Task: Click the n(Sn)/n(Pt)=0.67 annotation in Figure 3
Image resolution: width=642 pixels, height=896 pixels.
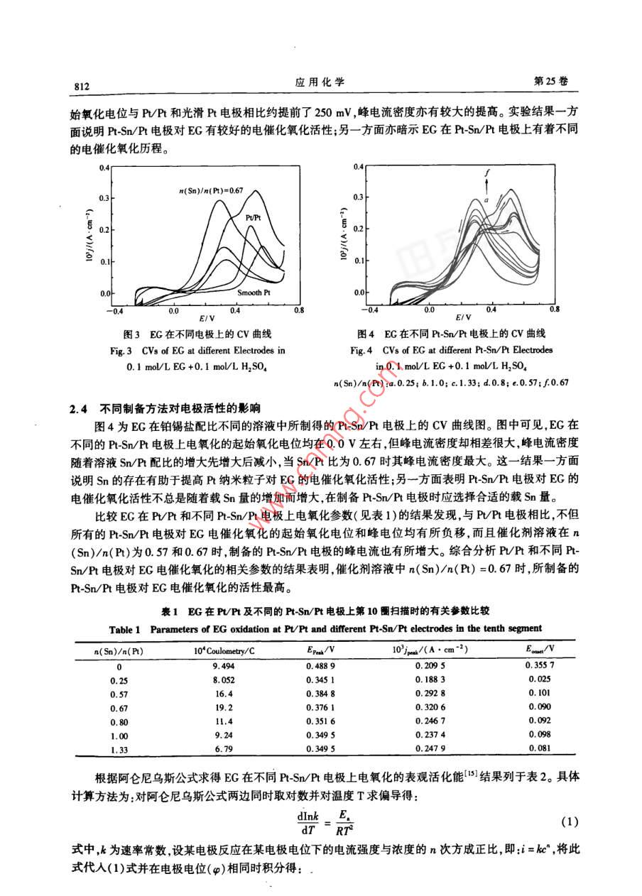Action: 211,190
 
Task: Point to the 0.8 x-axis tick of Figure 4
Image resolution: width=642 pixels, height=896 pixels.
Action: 553,310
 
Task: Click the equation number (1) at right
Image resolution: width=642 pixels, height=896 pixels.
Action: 568,822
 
